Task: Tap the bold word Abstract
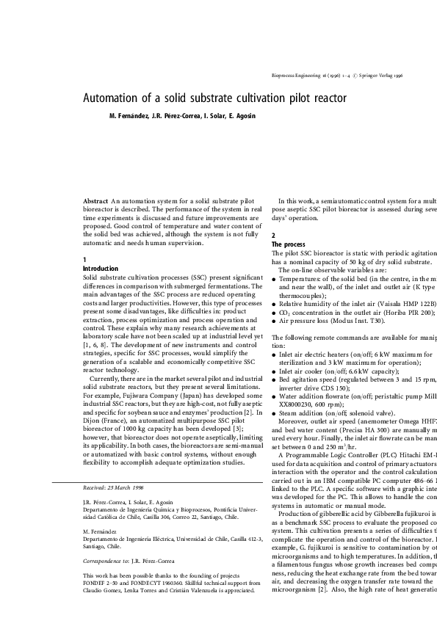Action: tap(95, 201)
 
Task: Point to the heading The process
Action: tap(289, 244)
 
